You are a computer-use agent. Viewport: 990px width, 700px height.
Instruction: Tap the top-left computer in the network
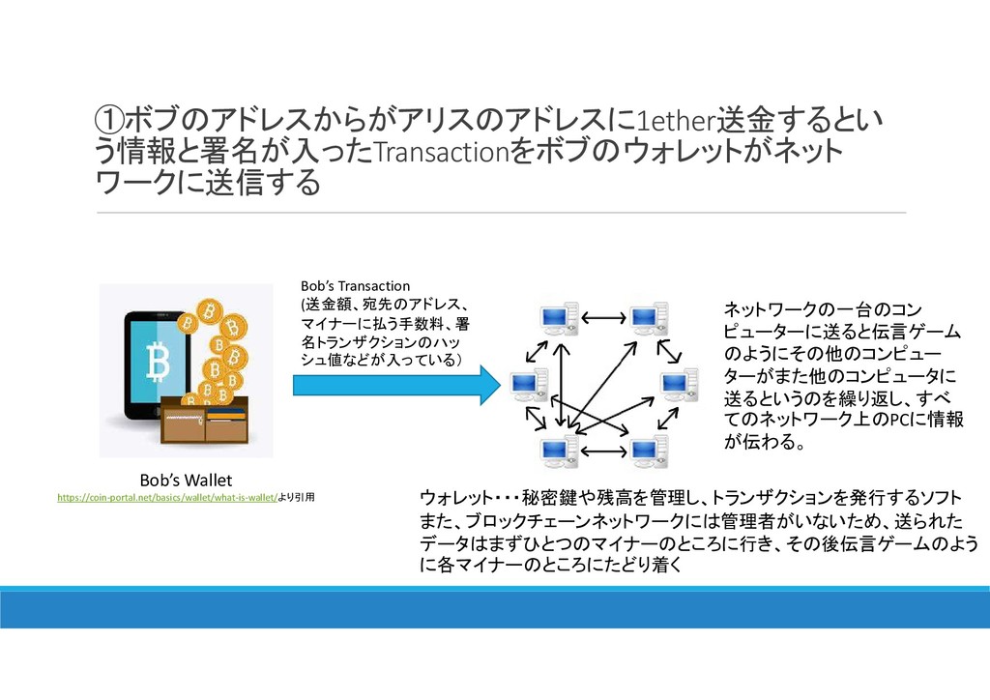(x=559, y=317)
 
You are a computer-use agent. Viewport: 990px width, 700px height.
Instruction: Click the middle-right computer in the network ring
(x=678, y=385)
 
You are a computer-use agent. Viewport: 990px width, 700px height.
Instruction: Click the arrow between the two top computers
(x=603, y=316)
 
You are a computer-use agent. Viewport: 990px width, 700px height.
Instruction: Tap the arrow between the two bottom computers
(x=603, y=452)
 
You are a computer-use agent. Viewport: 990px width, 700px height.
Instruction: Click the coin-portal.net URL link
(x=166, y=498)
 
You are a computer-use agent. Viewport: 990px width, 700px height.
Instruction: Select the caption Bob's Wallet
(x=186, y=480)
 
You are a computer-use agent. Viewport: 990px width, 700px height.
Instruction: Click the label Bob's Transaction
(x=355, y=286)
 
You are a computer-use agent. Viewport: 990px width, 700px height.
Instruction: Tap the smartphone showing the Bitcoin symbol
(x=157, y=363)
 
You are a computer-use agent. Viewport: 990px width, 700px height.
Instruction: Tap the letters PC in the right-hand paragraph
(x=883, y=421)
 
